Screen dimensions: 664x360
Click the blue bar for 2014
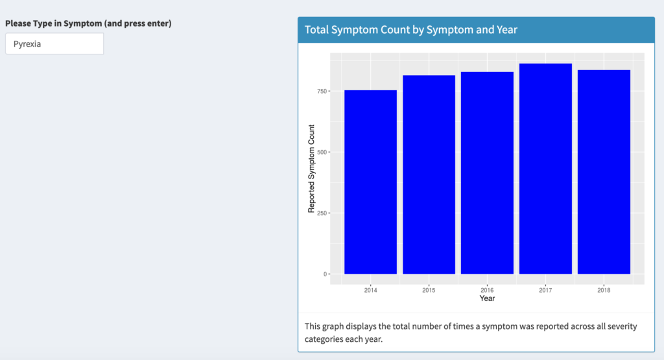[x=370, y=182]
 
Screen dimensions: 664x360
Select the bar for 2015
[x=429, y=174]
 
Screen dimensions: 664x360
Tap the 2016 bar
[x=487, y=173]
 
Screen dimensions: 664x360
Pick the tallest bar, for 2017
[x=545, y=169]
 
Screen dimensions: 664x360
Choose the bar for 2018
[x=604, y=172]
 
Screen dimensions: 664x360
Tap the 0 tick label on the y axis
[x=326, y=274]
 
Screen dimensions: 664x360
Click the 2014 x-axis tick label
[x=370, y=290]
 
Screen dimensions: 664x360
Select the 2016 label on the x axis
[x=487, y=290]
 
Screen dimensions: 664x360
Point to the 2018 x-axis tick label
[x=604, y=290]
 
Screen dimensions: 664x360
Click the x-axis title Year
[x=487, y=298]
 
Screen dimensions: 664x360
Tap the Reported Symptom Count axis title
[x=311, y=169]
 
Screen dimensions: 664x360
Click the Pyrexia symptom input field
[x=54, y=43]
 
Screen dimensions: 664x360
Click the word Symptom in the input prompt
[x=82, y=23]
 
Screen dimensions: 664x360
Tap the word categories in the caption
[x=325, y=339]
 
